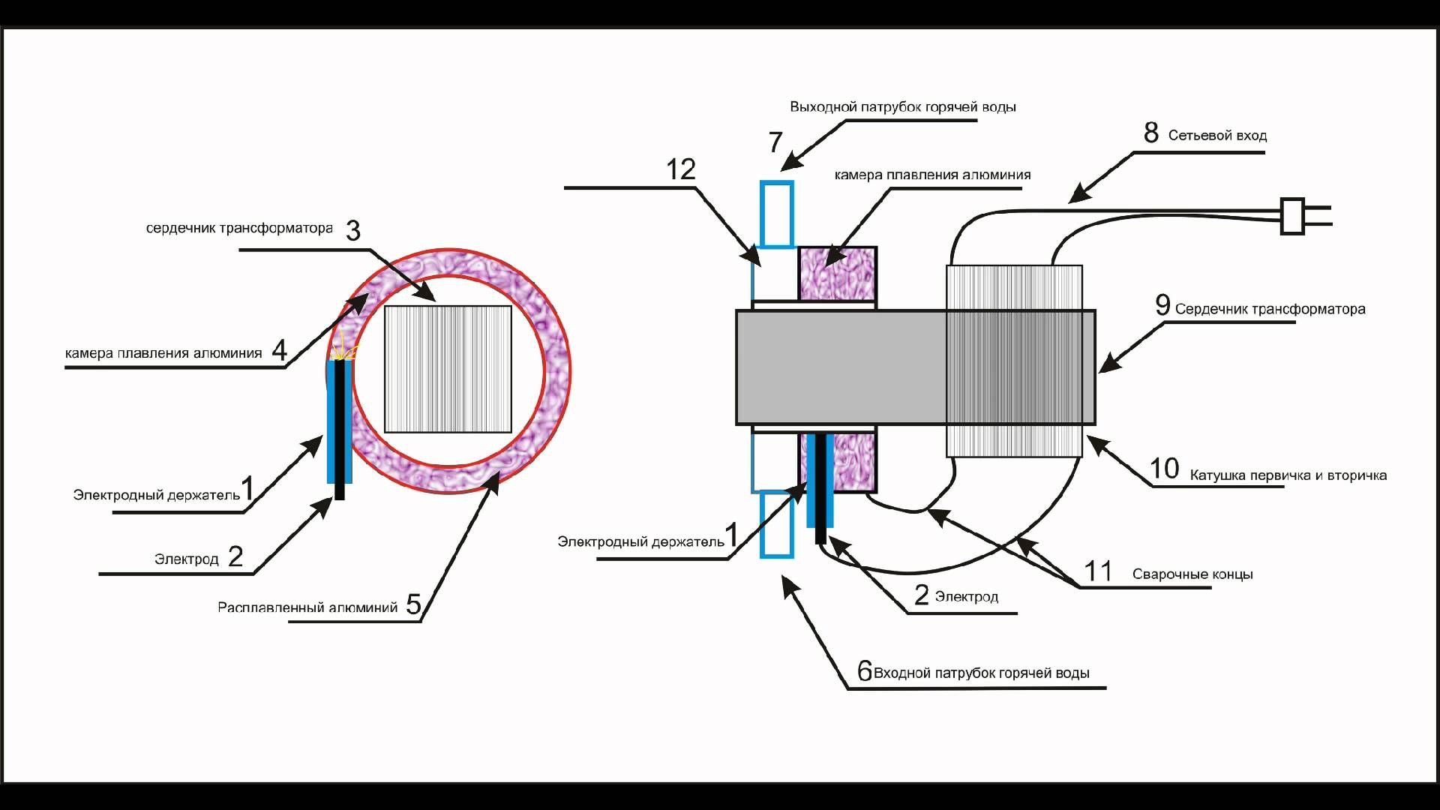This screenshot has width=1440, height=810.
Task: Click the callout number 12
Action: (x=681, y=170)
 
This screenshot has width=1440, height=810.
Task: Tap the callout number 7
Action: (x=775, y=142)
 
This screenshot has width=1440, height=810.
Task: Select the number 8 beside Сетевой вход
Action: (x=1151, y=133)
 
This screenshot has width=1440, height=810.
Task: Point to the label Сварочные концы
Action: (x=1192, y=574)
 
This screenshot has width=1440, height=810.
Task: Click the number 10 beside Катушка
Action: (x=1165, y=469)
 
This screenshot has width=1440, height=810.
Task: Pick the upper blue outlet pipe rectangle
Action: (x=776, y=214)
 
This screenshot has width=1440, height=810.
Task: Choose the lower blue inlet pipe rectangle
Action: (x=776, y=524)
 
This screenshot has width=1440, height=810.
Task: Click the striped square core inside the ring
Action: (x=448, y=369)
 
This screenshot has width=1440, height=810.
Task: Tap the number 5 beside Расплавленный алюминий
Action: (x=413, y=604)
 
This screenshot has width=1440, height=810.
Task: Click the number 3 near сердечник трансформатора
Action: (x=353, y=230)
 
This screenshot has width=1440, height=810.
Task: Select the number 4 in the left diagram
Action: (x=280, y=350)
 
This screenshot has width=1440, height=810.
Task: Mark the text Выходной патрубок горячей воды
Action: (x=903, y=107)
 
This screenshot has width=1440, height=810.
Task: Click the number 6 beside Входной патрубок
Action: (x=865, y=671)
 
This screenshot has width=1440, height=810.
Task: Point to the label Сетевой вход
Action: (x=1217, y=136)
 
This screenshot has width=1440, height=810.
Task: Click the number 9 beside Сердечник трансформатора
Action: (x=1162, y=305)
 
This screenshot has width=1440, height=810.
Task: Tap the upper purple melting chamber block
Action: (x=837, y=274)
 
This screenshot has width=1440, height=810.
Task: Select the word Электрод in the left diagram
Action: (x=187, y=559)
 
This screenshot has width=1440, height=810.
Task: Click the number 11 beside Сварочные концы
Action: (x=1098, y=571)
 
